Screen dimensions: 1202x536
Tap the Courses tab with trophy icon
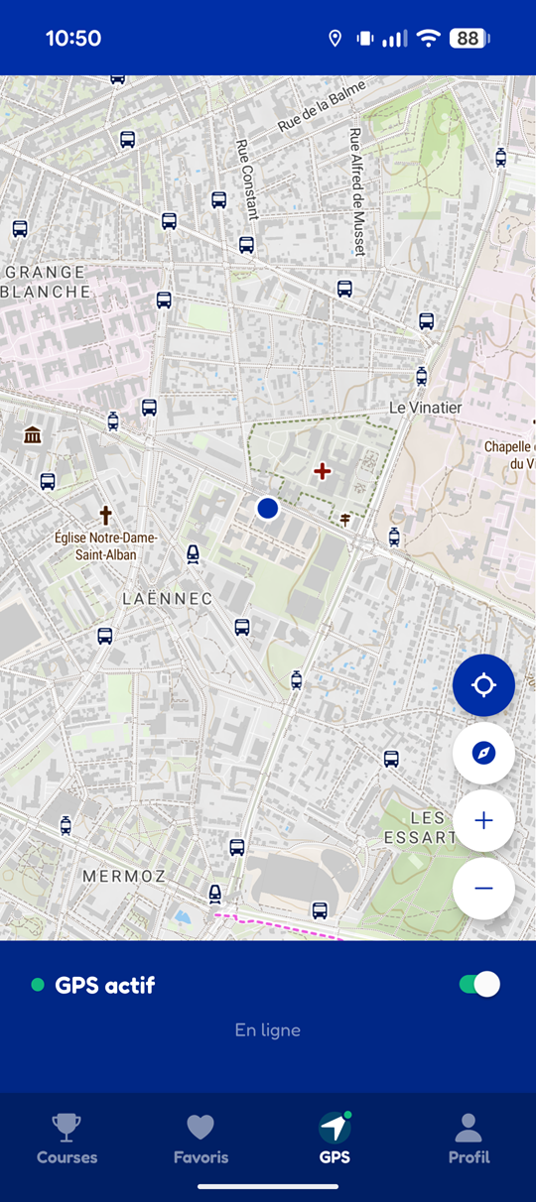[67, 1139]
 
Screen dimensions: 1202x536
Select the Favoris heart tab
[201, 1139]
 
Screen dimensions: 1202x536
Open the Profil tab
[469, 1139]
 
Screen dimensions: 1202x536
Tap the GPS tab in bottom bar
[335, 1139]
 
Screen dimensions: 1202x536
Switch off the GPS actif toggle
[479, 984]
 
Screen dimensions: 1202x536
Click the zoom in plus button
[483, 820]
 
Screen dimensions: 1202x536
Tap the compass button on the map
[483, 753]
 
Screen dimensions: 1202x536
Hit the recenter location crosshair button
[483, 685]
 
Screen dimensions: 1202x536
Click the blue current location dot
[267, 508]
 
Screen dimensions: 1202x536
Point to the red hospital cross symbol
[322, 471]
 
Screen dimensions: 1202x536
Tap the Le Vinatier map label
[426, 408]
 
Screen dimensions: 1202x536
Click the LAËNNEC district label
[167, 599]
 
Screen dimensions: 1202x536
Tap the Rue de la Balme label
[322, 106]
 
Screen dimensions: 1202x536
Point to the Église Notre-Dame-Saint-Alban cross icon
[105, 515]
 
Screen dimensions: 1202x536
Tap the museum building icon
[33, 434]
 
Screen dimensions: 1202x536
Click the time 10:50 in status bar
[73, 39]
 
